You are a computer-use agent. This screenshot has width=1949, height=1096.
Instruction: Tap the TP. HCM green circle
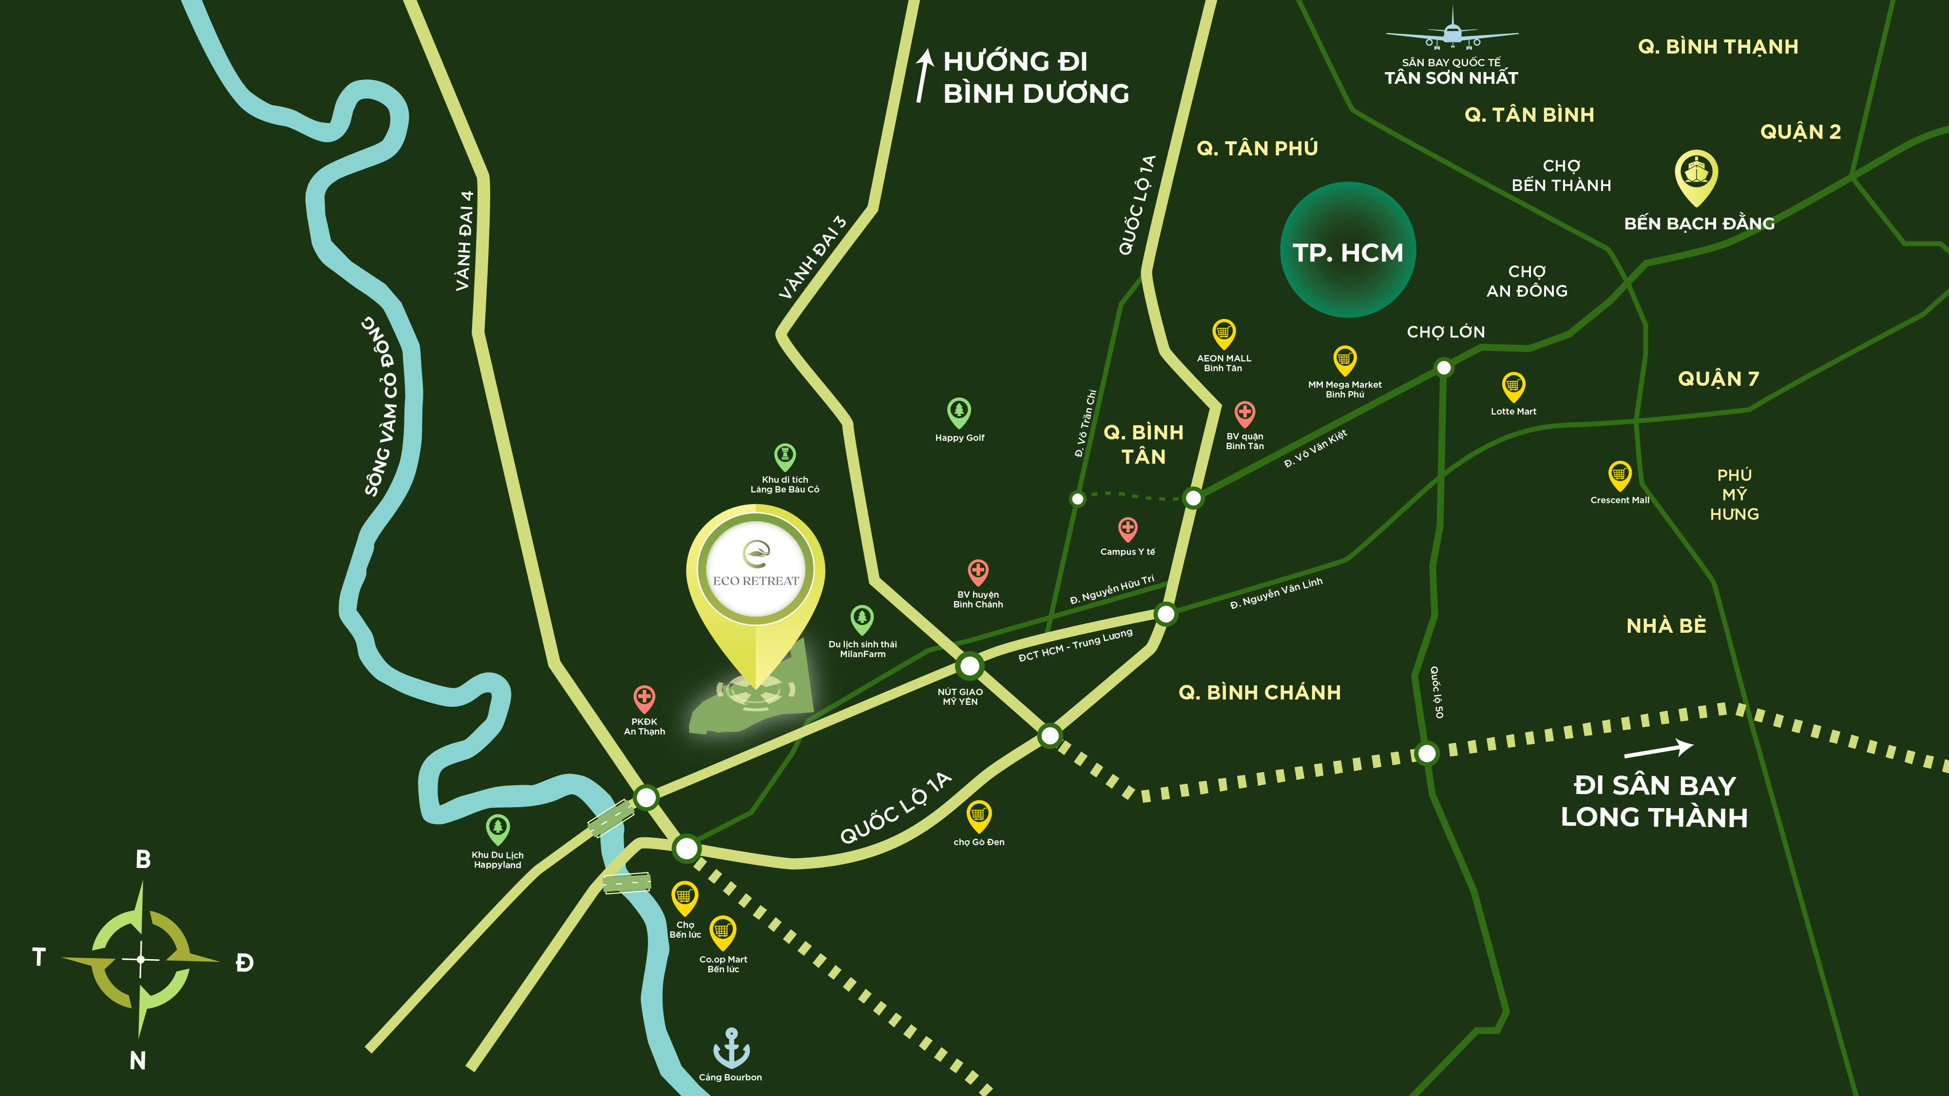(1348, 249)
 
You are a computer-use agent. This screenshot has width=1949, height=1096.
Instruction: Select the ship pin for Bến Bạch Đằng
(1696, 175)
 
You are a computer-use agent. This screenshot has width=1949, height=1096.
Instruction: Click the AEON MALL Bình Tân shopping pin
(1223, 333)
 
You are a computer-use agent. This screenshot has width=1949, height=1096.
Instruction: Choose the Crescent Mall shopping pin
(1619, 475)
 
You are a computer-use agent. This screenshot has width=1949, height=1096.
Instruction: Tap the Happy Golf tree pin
(958, 412)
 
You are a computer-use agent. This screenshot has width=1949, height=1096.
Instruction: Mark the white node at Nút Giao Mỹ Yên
(969, 665)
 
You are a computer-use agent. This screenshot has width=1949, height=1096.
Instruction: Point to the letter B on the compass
(143, 859)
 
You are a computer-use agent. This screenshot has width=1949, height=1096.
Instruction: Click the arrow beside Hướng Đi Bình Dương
(923, 76)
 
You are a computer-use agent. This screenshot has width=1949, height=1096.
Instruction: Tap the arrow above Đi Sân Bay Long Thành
(1658, 750)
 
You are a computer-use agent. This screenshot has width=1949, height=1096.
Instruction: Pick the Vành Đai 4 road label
(464, 241)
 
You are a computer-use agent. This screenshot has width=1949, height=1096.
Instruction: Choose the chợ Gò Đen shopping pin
(978, 815)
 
